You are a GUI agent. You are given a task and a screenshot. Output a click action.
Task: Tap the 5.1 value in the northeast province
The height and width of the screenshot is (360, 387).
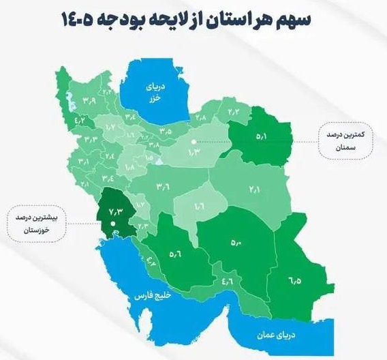point(262,136)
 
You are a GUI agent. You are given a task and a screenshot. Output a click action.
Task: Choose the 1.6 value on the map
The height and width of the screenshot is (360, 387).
point(200,204)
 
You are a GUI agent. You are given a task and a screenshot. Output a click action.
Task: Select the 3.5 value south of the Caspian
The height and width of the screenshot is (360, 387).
point(166,130)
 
